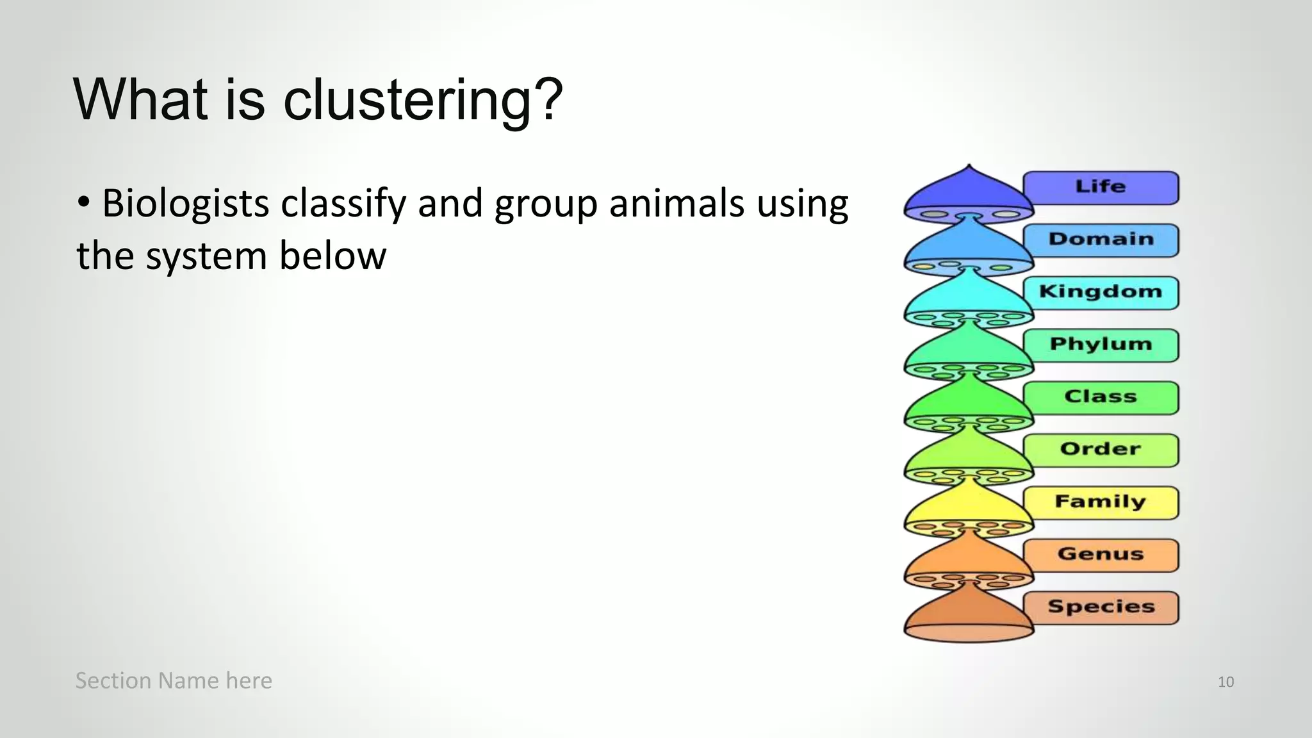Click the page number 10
click(x=1226, y=682)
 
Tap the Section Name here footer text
click(x=174, y=680)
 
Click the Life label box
click(x=1101, y=187)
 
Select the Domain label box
click(x=1101, y=240)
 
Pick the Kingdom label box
click(x=1101, y=292)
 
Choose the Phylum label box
click(x=1101, y=345)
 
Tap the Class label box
click(x=1101, y=397)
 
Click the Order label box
click(x=1101, y=450)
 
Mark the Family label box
click(x=1101, y=502)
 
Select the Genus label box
click(x=1101, y=555)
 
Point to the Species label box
click(x=1101, y=607)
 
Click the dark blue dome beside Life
click(x=968, y=192)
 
